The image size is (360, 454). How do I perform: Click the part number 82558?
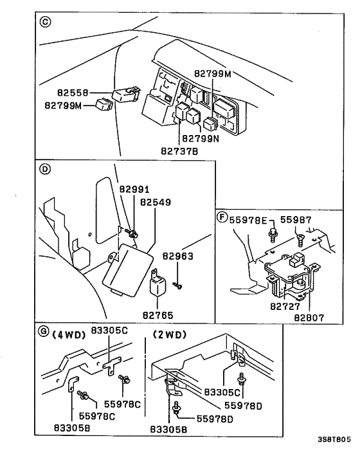pos(63,93)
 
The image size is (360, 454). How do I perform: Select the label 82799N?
pos(201,138)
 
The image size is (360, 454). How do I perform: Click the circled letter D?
pos(45,171)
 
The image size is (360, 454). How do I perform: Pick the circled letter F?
pos(222,217)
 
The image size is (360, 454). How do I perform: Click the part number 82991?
pos(134,190)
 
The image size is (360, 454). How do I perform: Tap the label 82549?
pos(156,202)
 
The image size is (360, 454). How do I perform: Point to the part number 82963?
pos(177,255)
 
